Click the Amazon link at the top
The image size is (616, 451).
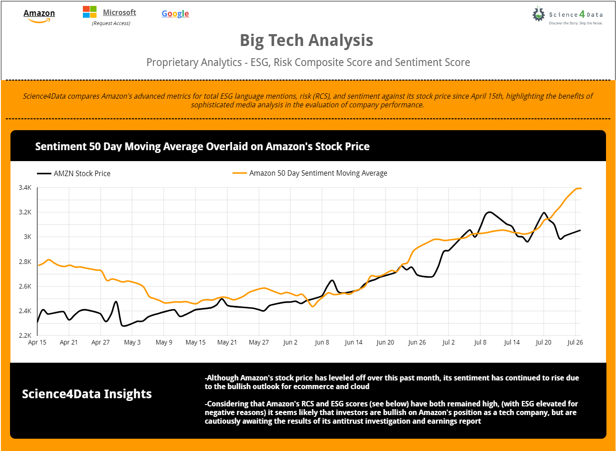pyautogui.click(x=39, y=14)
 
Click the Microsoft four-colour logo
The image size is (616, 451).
pyautogui.click(x=89, y=12)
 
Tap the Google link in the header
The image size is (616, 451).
pyautogui.click(x=175, y=14)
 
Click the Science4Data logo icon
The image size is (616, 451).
pyautogui.click(x=539, y=14)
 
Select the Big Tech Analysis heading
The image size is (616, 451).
pyautogui.click(x=306, y=41)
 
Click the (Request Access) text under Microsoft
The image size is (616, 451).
pyautogui.click(x=111, y=23)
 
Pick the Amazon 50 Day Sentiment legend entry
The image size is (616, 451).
pyautogui.click(x=318, y=173)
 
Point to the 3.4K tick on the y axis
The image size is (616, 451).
pyautogui.click(x=25, y=187)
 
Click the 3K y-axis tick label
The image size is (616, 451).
pyautogui.click(x=27, y=237)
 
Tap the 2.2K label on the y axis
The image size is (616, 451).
pyautogui.click(x=25, y=335)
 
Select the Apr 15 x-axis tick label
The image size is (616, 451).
pyautogui.click(x=37, y=342)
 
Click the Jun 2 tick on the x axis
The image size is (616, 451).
pyautogui.click(x=290, y=342)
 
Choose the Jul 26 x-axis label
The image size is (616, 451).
pyautogui.click(x=575, y=342)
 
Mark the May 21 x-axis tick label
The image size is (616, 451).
pyautogui.click(x=227, y=342)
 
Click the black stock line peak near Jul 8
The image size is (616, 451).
pyautogui.click(x=489, y=212)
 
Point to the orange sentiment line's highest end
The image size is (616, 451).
pyautogui.click(x=579, y=188)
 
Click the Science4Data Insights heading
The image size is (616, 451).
pyautogui.click(x=87, y=394)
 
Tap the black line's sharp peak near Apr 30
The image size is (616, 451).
pyautogui.click(x=116, y=302)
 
